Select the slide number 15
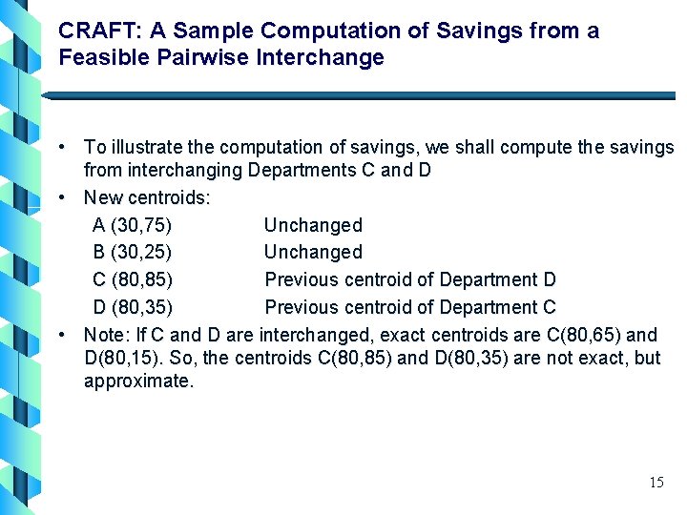tap(656, 483)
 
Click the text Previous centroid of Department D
tap(409, 279)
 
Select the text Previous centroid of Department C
tap(409, 307)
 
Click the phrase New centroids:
tap(147, 198)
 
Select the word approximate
tap(138, 381)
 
